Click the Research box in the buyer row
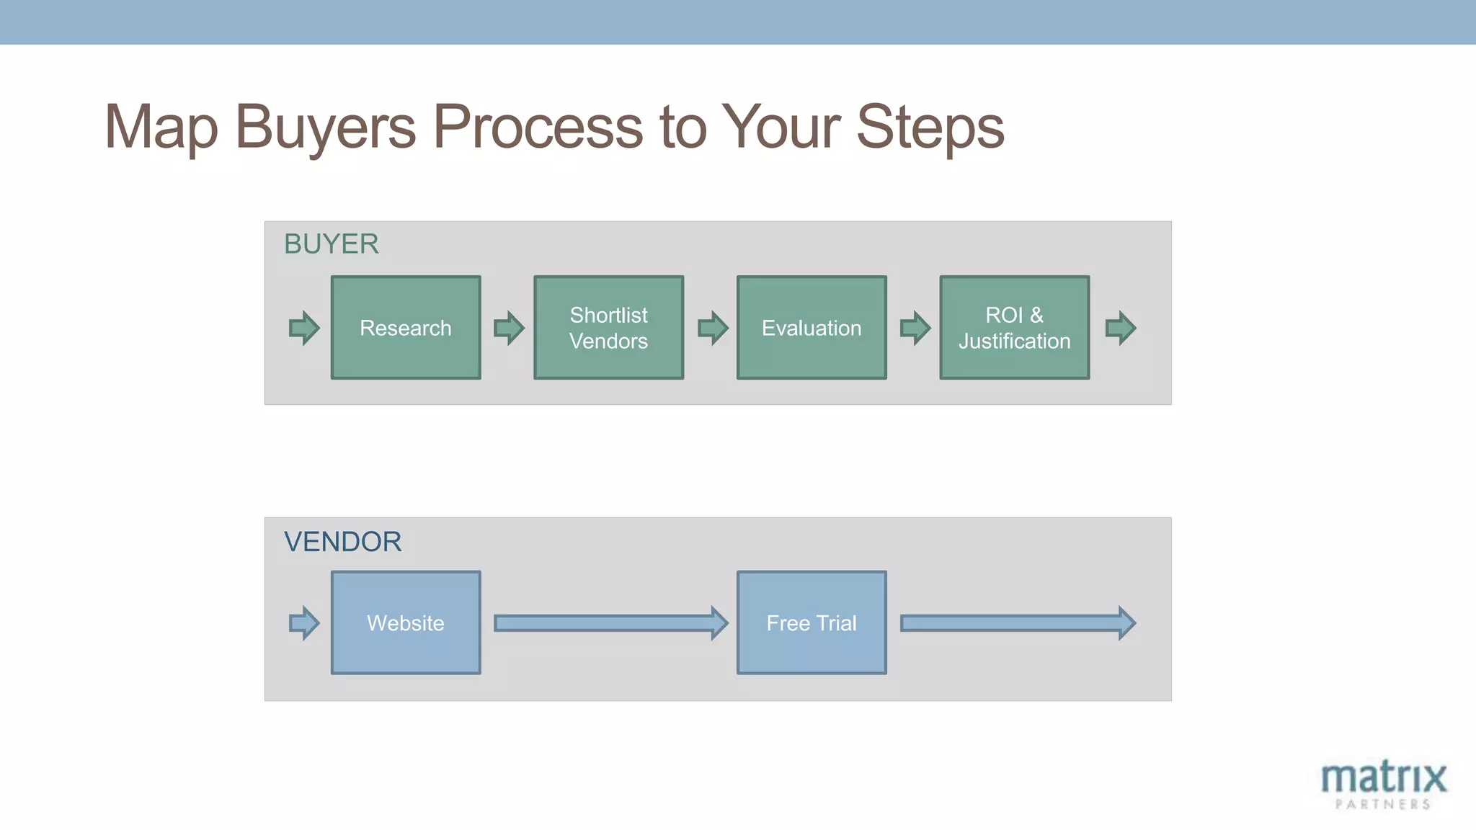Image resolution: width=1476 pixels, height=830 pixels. click(406, 328)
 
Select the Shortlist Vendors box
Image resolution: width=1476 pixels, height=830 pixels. click(608, 328)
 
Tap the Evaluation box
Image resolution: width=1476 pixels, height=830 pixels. click(812, 328)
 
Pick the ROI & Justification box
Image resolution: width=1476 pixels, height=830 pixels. click(1014, 328)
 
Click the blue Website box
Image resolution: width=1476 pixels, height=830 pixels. click(406, 622)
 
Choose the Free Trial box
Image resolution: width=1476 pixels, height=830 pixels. click(812, 622)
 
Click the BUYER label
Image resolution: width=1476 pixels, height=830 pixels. click(331, 244)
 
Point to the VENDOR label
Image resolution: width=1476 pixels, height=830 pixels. click(342, 542)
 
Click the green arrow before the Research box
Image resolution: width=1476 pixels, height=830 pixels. click(304, 328)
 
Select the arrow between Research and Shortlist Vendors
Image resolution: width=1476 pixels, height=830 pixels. click(509, 328)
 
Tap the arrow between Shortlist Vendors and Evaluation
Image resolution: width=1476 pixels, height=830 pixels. click(713, 328)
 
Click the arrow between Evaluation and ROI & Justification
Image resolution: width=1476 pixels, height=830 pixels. click(915, 328)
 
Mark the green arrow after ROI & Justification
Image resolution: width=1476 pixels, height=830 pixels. click(1120, 328)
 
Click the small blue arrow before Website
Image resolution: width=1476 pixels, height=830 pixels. click(304, 622)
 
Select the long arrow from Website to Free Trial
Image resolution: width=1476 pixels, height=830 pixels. click(610, 622)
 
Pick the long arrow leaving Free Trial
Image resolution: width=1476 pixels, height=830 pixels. click(1016, 622)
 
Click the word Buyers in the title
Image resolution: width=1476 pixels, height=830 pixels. click(325, 128)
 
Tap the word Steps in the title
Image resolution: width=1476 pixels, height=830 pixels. click(930, 128)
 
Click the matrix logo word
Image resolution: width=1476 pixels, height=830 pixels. click(1383, 778)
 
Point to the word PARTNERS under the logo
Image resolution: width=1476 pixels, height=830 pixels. click(1382, 804)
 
